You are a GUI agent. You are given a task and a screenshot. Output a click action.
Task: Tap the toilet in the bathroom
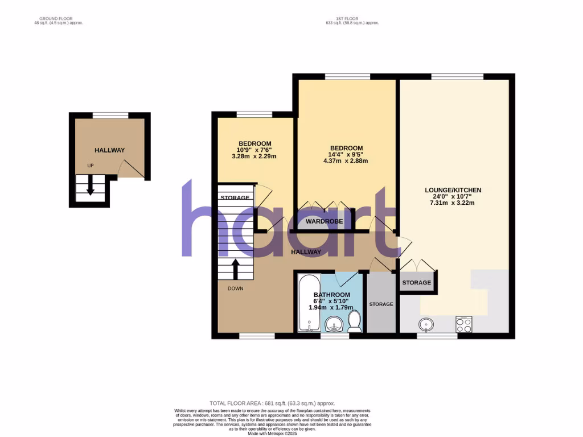pos(354,321)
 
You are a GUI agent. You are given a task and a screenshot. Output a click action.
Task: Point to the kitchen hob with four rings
pos(464,325)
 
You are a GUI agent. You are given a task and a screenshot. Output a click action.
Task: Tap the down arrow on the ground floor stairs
pos(90,187)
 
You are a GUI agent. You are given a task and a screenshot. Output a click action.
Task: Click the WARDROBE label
pos(325,221)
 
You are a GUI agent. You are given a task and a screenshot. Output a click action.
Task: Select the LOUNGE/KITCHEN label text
pos(453,190)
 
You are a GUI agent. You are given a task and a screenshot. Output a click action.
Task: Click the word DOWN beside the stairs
pos(235,288)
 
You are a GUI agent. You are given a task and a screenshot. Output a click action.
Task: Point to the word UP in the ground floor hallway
pos(90,166)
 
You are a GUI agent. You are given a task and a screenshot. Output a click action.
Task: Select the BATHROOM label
pos(330,295)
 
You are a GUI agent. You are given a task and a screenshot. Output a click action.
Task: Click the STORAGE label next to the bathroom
pos(381,304)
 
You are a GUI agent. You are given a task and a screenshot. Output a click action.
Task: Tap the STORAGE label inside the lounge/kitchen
pos(417,283)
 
